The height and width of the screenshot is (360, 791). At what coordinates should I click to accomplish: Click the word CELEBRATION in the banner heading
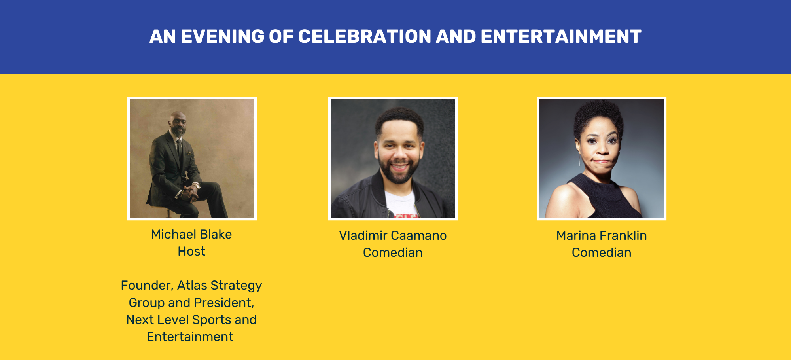click(x=364, y=36)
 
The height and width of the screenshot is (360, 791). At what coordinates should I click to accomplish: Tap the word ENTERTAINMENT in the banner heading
click(x=561, y=36)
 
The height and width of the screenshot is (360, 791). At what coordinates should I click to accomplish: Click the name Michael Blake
click(x=191, y=234)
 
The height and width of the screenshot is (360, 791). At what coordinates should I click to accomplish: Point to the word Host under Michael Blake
click(x=191, y=251)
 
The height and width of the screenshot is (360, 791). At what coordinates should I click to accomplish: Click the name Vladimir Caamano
click(x=393, y=235)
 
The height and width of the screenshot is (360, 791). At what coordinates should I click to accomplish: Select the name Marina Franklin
click(x=602, y=235)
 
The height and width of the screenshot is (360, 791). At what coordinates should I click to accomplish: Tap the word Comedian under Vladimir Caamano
click(x=393, y=252)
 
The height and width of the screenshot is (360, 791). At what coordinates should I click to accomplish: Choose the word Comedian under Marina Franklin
click(x=602, y=252)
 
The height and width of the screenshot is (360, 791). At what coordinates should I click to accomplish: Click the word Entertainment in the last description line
click(x=190, y=337)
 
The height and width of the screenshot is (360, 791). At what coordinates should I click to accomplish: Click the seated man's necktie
click(x=180, y=152)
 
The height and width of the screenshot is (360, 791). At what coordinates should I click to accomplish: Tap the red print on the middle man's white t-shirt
click(x=406, y=216)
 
